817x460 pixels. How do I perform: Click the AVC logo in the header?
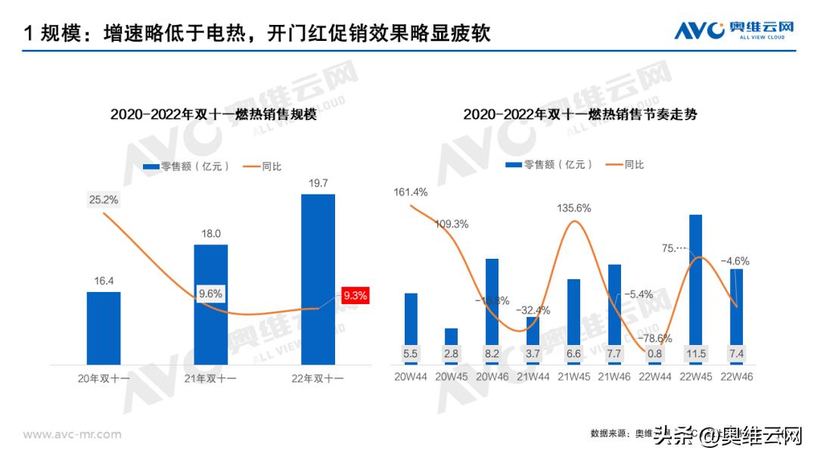[x=734, y=30]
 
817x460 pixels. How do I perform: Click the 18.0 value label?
[x=210, y=235]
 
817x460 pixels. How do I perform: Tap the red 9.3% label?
[x=355, y=296]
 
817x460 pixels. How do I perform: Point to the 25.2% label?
[x=103, y=200]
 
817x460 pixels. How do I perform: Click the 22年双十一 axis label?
[x=318, y=378]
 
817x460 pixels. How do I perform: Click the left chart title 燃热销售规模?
[x=213, y=115]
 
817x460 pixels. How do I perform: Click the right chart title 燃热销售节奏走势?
[x=580, y=115]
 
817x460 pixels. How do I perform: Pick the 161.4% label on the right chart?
[x=411, y=192]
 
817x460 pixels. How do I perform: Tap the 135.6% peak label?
[x=574, y=208]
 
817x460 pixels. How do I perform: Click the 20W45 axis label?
[x=452, y=376]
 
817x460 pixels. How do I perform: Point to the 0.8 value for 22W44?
[x=655, y=353]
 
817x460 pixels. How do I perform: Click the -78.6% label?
[x=655, y=337]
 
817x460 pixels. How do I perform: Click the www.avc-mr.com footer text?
[x=72, y=434]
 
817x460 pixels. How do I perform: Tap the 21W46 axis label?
[x=614, y=376]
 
